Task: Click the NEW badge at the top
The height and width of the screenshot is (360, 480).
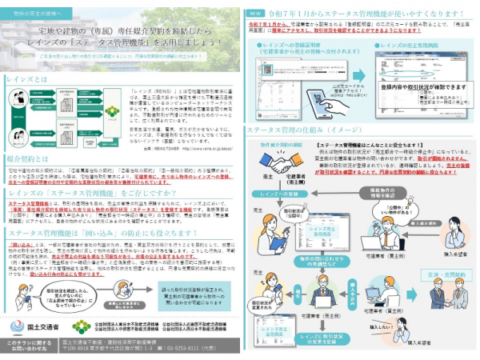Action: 253,14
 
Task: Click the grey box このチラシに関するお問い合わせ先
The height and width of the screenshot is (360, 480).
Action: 28,346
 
